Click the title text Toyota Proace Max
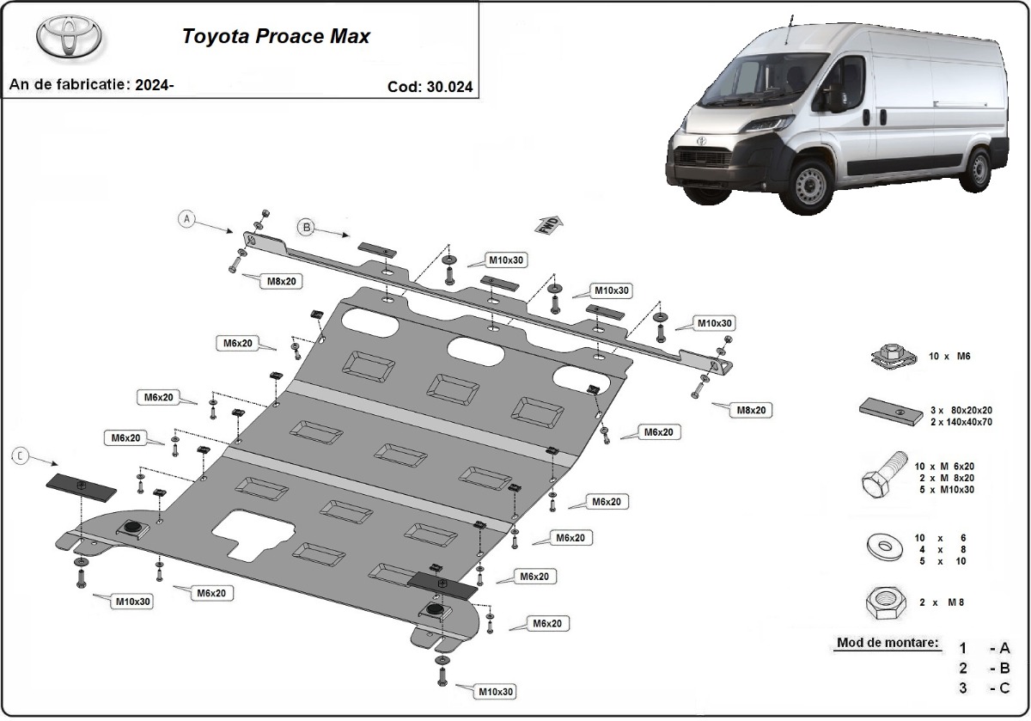pyautogui.click(x=275, y=37)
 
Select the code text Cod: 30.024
pyautogui.click(x=430, y=87)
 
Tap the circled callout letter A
pyautogui.click(x=188, y=219)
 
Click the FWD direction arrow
pyautogui.click(x=549, y=225)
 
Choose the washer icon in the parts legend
pyautogui.click(x=883, y=547)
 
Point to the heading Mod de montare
pyautogui.click(x=888, y=644)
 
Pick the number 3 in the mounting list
pyautogui.click(x=963, y=687)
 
